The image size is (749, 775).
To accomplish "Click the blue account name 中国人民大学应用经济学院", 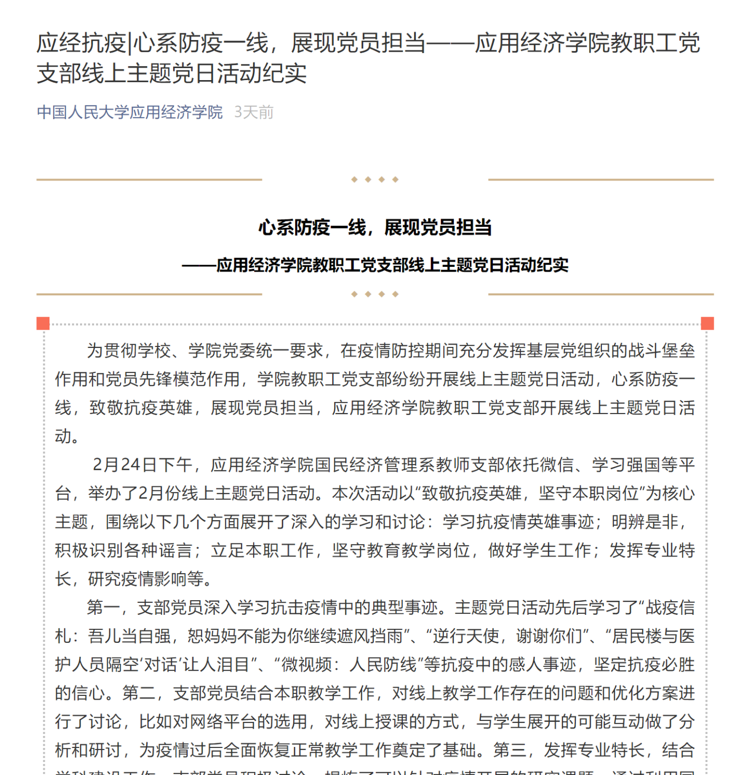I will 129,112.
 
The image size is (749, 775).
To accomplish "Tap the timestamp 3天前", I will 254,112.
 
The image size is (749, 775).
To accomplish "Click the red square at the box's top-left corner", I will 43,324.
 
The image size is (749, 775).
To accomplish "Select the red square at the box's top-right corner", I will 707,324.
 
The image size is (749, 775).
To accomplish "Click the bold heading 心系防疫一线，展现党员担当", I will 375,227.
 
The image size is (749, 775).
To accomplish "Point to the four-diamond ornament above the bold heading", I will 375,179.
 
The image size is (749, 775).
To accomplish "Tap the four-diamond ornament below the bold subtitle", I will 375,294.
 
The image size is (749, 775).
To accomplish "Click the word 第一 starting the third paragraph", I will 103,608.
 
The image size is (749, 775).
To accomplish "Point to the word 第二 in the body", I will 139,693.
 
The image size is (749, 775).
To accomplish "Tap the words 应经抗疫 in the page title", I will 81,43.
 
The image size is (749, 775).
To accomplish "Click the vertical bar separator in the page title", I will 129,43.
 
